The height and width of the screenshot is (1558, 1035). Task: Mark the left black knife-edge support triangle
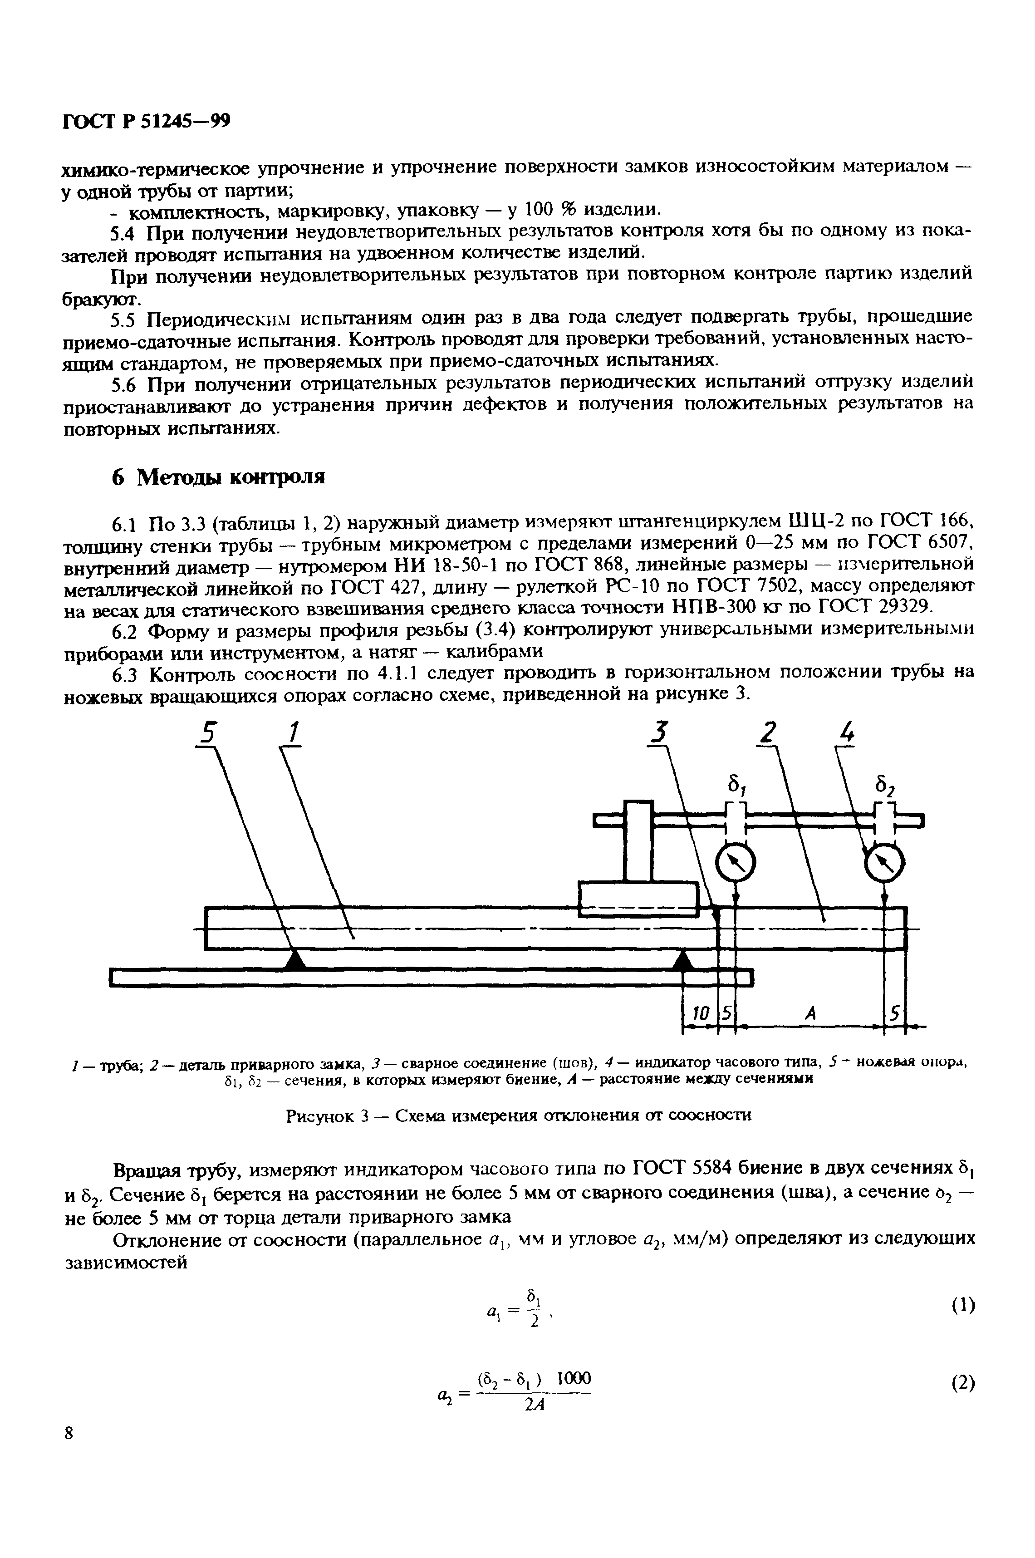tap(295, 961)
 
